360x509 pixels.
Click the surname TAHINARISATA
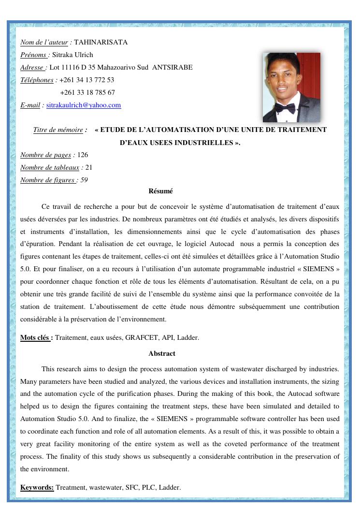(101, 43)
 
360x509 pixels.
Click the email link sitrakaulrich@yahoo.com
(84, 105)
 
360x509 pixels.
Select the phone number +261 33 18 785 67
(87, 93)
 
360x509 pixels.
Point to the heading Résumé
(161, 192)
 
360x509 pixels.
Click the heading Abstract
(162, 354)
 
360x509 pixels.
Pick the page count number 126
(83, 155)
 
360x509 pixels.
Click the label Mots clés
(36, 338)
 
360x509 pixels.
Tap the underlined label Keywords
(37, 488)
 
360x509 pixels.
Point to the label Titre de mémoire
(58, 130)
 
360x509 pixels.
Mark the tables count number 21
(88, 168)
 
